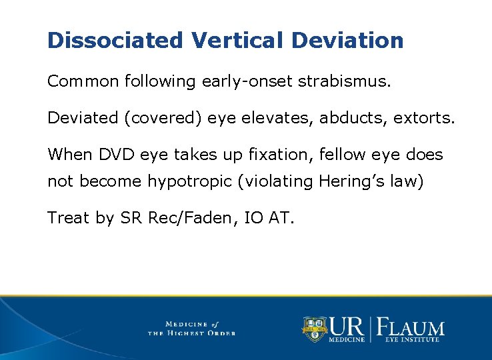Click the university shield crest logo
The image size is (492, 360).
pyautogui.click(x=314, y=329)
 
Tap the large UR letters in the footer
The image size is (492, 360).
pyautogui.click(x=348, y=326)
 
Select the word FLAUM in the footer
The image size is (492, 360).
pyautogui.click(x=411, y=327)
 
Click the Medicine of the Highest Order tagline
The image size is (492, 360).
pyautogui.click(x=191, y=328)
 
